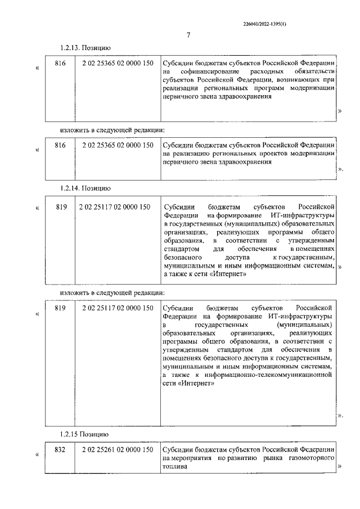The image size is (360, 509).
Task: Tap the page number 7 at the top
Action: coord(188,35)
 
